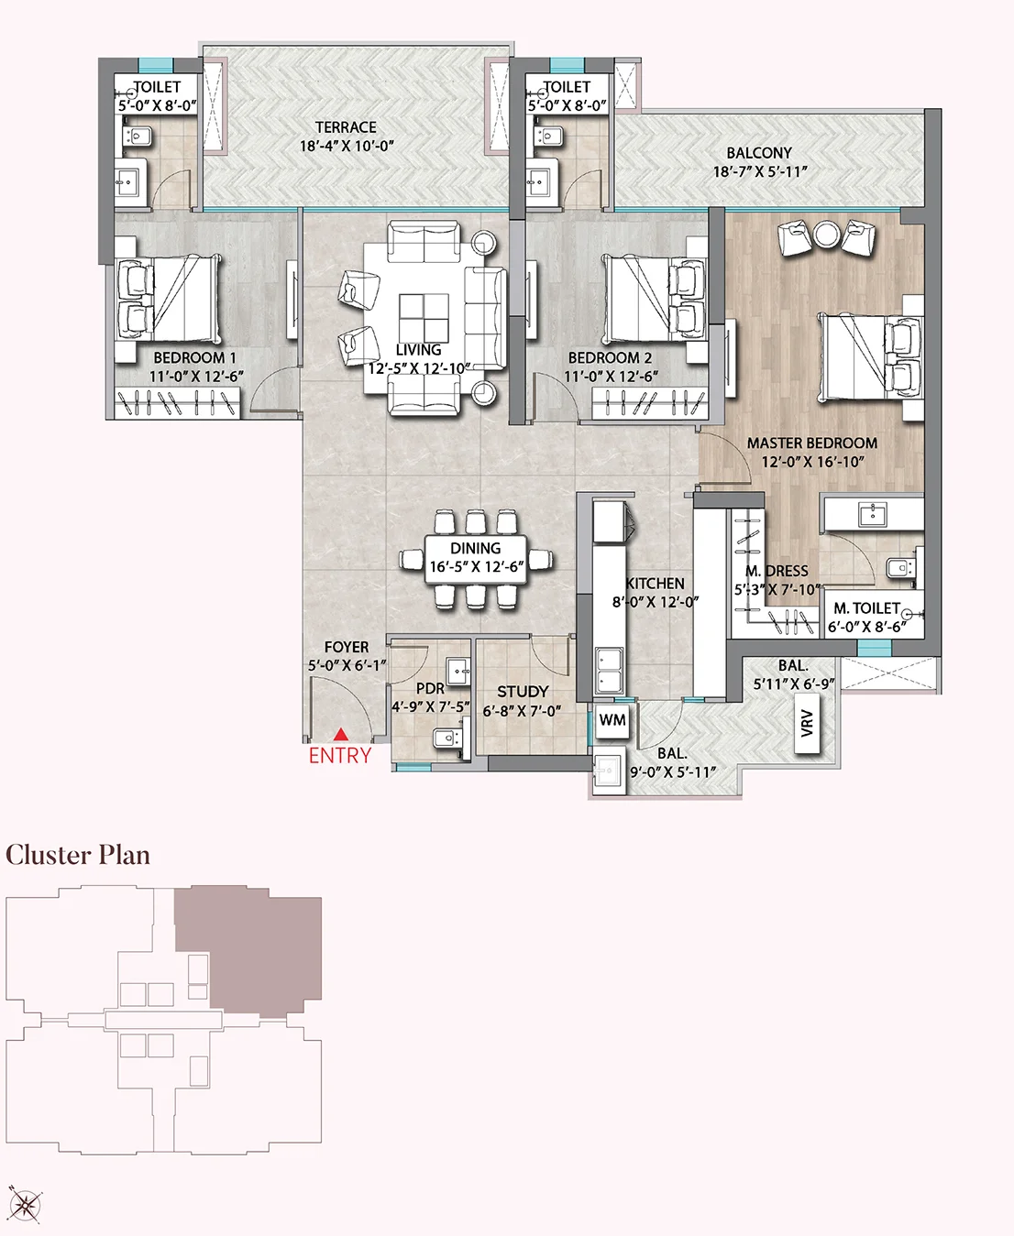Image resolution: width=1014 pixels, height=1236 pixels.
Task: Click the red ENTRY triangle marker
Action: pyautogui.click(x=340, y=734)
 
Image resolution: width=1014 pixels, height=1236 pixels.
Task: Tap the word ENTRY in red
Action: pyautogui.click(x=339, y=756)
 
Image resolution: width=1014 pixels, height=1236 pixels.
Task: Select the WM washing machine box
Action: pyautogui.click(x=612, y=720)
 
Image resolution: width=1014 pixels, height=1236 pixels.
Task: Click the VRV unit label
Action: pyautogui.click(x=807, y=724)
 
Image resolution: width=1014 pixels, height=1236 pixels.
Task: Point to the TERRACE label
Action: pyautogui.click(x=346, y=127)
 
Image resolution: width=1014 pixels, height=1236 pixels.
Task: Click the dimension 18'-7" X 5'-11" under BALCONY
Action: pyautogui.click(x=759, y=171)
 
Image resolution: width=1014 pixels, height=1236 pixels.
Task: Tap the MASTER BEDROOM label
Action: pyautogui.click(x=811, y=443)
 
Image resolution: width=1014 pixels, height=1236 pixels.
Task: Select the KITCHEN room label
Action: pyautogui.click(x=655, y=583)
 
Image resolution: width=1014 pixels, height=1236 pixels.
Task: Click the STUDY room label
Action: pyautogui.click(x=522, y=691)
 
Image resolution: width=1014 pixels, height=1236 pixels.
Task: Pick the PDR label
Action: pyautogui.click(x=430, y=688)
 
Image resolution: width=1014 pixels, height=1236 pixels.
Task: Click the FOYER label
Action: pyautogui.click(x=346, y=647)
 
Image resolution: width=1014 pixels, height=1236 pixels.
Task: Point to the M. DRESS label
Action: pyautogui.click(x=777, y=571)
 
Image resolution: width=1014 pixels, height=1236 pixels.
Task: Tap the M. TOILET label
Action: pyautogui.click(x=866, y=608)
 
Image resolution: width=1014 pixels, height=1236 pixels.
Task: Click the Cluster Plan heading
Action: pyautogui.click(x=78, y=855)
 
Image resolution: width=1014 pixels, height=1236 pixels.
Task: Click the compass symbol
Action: pyautogui.click(x=25, y=1204)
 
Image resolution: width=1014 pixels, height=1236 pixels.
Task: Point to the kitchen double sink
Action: pyautogui.click(x=609, y=671)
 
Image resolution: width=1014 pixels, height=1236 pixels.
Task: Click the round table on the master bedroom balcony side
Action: pyautogui.click(x=827, y=235)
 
